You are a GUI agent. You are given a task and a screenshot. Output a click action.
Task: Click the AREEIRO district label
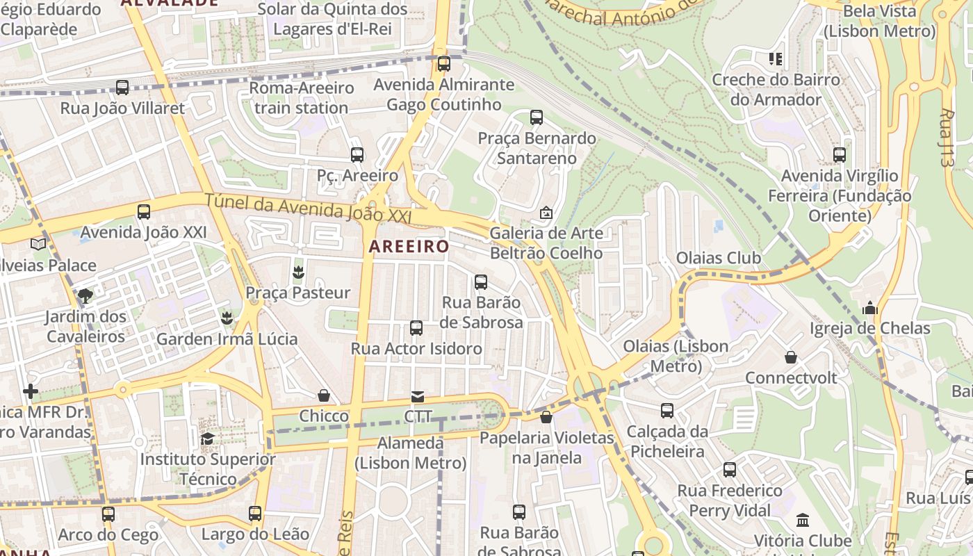[x=409, y=247]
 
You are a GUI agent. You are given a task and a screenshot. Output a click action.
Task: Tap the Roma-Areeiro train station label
[x=302, y=98]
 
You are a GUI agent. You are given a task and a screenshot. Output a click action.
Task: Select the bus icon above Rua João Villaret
[x=122, y=88]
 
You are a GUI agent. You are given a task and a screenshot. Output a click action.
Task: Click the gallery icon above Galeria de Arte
[x=546, y=213]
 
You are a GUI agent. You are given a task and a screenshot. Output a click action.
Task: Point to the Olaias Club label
[x=719, y=259]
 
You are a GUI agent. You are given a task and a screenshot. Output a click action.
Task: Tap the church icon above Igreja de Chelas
[x=869, y=307]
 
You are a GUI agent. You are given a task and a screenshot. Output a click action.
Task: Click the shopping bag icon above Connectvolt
[x=791, y=357]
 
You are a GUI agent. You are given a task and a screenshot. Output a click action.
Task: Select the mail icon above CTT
[x=418, y=396]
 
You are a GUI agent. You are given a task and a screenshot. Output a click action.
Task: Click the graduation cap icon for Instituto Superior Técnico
[x=207, y=439]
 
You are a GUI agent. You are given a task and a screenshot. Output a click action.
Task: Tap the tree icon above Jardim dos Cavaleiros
[x=85, y=296]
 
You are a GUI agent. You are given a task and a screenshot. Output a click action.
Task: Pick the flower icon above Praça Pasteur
[x=298, y=272]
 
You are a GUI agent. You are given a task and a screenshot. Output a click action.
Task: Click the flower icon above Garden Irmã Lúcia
[x=227, y=318]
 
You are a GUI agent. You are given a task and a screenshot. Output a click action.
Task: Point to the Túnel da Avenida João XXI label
[x=309, y=209]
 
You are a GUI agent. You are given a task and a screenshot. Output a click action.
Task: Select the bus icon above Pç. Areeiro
[x=357, y=155]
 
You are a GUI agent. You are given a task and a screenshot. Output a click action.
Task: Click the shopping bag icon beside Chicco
[x=324, y=395]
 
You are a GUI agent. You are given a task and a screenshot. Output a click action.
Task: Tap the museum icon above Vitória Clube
[x=803, y=520]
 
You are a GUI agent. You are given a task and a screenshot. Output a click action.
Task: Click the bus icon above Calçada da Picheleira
[x=667, y=411]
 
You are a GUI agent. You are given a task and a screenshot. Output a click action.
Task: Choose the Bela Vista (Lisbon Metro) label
[x=880, y=22]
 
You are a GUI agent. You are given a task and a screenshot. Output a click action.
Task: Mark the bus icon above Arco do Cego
[x=108, y=514]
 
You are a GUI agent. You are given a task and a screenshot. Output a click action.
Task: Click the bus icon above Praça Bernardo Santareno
[x=537, y=117]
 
